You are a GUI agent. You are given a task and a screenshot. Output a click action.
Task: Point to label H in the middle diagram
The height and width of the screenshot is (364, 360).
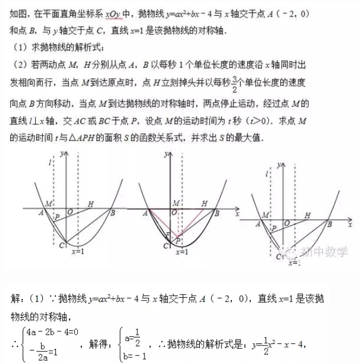click(x=205, y=203)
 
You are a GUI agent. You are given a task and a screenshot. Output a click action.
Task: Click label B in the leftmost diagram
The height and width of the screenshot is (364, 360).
click(x=112, y=213)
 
